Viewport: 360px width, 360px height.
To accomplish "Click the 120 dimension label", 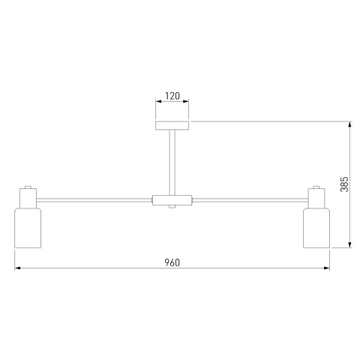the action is (172, 96).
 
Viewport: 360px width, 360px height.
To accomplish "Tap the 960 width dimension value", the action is (172, 262).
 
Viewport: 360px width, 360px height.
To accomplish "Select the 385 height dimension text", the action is (344, 184).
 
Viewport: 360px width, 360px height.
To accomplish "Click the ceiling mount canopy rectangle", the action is (172, 125).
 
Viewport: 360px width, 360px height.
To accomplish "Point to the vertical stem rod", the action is (172, 163).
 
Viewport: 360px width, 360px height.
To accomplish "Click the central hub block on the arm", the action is (172, 200).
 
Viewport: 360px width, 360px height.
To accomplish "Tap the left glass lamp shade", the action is (28, 228).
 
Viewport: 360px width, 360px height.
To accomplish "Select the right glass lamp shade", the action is (316, 228).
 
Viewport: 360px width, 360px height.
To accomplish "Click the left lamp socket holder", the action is (28, 198).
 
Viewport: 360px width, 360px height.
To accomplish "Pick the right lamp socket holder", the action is (316, 198).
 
